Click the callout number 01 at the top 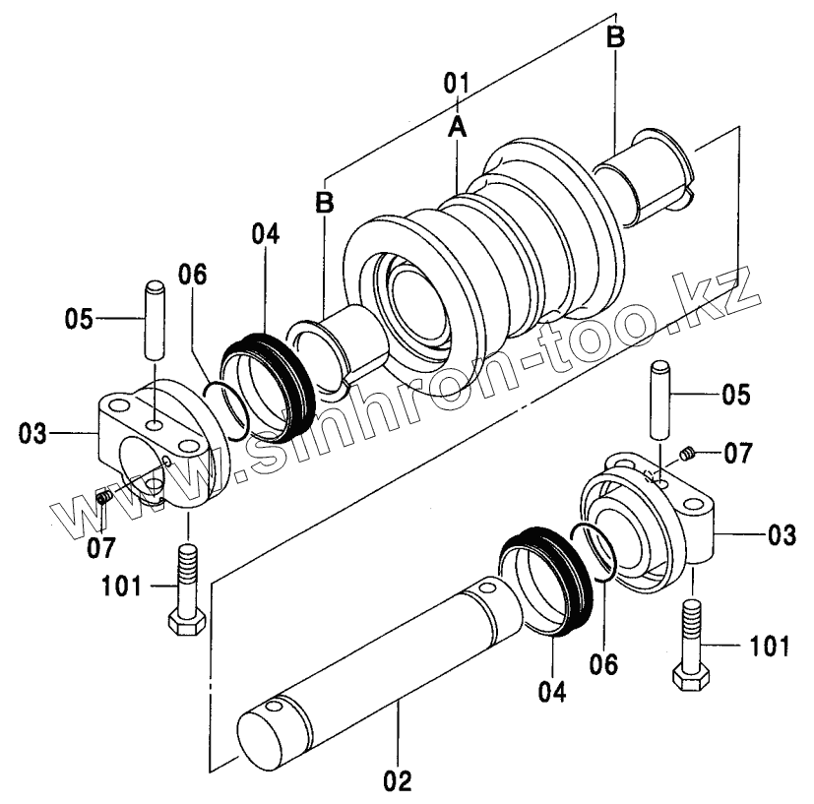(x=457, y=83)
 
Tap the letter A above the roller (x=458, y=127)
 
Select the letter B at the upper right (x=616, y=37)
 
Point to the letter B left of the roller (x=325, y=202)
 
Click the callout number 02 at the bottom (x=398, y=780)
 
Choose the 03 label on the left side (x=32, y=433)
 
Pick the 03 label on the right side (x=782, y=535)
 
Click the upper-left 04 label (x=266, y=234)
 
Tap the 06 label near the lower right (x=603, y=664)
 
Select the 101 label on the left (x=121, y=587)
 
